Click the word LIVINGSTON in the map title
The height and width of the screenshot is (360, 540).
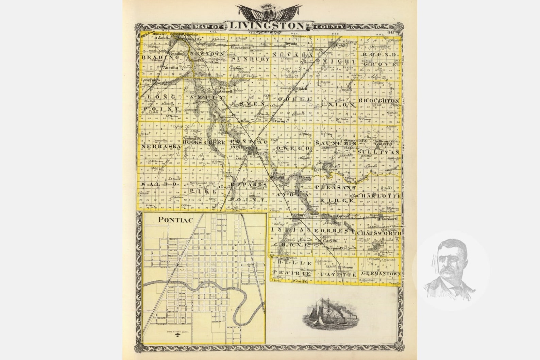point(266,26)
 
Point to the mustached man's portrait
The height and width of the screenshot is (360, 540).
point(450,269)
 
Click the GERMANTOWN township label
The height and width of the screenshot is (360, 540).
point(381,274)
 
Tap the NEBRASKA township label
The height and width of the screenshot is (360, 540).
point(161,147)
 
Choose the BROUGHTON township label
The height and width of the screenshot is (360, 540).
point(378,101)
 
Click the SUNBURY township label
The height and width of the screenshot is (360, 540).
point(251,59)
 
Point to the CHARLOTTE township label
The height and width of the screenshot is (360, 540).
point(379,196)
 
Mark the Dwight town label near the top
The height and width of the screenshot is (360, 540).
point(342,45)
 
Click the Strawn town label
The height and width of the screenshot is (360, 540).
point(347,268)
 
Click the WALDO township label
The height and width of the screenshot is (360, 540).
point(161,184)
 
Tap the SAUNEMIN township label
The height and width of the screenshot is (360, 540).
point(331,143)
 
